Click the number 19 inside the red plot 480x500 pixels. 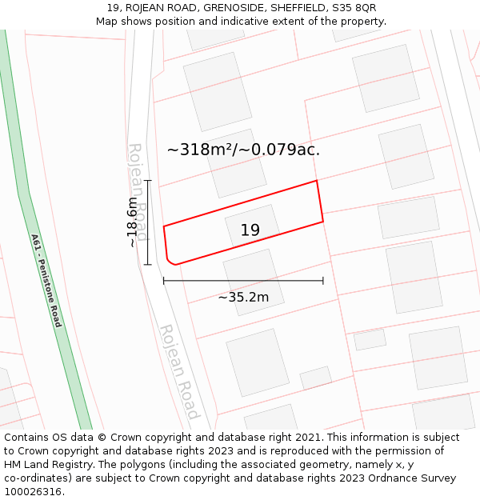250,230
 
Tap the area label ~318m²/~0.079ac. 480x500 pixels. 243,150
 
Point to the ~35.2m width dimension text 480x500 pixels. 243,298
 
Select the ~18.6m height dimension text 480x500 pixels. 132,222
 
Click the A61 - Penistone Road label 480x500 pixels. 46,280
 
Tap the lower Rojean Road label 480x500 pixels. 178,371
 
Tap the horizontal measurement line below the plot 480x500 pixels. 243,281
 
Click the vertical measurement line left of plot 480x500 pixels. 148,222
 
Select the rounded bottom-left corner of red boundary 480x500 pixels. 170,260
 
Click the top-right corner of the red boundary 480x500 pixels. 317,181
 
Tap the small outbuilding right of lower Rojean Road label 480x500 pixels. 315,378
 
